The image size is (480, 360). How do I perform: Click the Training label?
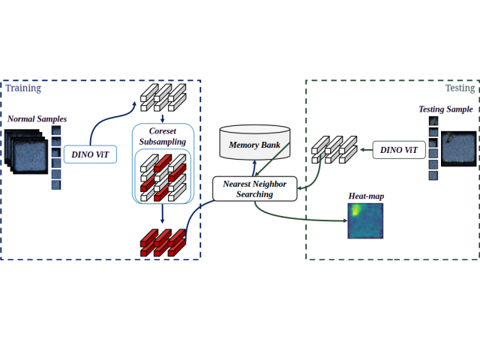pos(23,88)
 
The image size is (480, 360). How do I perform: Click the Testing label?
pos(460,88)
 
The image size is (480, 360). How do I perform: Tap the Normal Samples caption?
pos(37,118)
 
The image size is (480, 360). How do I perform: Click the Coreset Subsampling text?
pos(163,135)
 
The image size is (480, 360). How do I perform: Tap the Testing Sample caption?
pos(445,109)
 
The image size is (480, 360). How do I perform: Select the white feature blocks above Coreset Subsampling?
pos(162,93)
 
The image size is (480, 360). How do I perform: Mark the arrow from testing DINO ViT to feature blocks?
pos(363,150)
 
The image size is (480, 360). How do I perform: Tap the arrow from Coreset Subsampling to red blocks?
pos(163,216)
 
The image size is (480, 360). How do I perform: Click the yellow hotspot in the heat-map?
pos(353,211)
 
